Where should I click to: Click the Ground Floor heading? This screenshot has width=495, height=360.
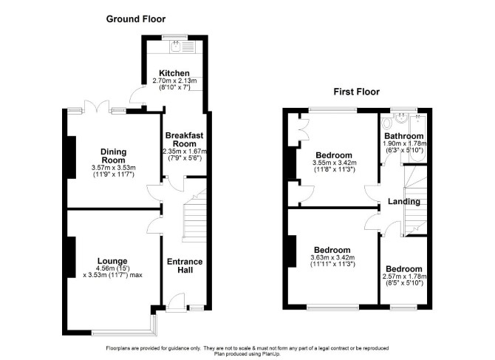tap(136, 19)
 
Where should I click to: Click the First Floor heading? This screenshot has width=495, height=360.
tap(356, 92)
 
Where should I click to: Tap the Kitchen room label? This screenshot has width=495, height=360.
tap(174, 73)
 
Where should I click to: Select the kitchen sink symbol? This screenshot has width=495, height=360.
tap(176, 47)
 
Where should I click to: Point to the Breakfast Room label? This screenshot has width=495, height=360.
tap(185, 140)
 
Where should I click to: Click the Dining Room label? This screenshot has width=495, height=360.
tap(113, 156)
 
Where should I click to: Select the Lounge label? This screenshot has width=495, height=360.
tap(112, 261)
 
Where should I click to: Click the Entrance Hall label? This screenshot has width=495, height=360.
tap(185, 266)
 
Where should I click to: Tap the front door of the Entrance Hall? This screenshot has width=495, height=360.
tap(175, 302)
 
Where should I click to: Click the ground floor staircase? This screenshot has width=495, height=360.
tap(194, 215)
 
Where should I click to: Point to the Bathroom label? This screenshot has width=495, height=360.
tap(404, 137)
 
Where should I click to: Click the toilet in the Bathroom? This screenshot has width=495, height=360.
tap(386, 123)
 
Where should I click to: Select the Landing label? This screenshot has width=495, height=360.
tap(404, 202)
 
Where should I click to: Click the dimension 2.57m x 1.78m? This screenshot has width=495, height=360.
tap(404, 276)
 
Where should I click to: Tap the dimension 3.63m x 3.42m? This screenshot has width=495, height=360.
tap(332, 257)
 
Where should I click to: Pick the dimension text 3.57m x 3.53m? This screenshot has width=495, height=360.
tap(113, 168)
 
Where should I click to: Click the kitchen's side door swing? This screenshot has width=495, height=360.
tap(137, 94)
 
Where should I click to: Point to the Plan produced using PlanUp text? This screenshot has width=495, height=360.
tap(247, 354)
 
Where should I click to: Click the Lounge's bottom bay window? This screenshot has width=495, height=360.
tap(124, 332)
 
